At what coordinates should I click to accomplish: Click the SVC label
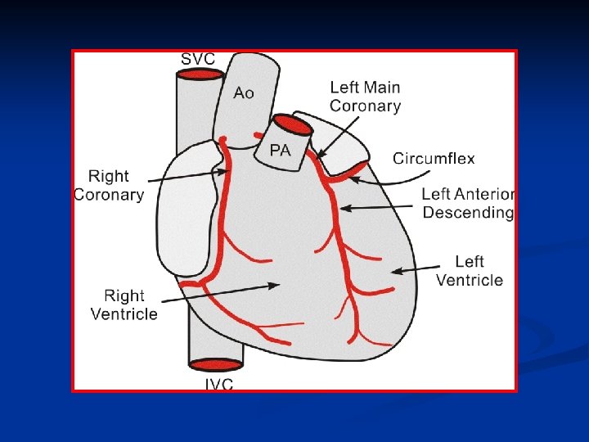click(x=197, y=59)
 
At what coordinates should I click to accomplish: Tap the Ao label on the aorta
click(x=244, y=92)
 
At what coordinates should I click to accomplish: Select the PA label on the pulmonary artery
click(x=281, y=151)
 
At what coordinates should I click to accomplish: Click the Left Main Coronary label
click(x=365, y=96)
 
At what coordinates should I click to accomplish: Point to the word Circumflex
click(x=434, y=159)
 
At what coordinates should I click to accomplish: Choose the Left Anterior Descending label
click(x=468, y=204)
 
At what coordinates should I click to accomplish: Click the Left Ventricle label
click(x=470, y=271)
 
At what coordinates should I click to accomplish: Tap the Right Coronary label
click(x=109, y=185)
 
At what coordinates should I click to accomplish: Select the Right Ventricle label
click(x=124, y=304)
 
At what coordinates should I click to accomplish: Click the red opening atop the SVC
click(x=200, y=74)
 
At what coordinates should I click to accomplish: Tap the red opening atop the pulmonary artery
click(x=290, y=125)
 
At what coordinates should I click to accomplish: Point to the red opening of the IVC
click(x=216, y=364)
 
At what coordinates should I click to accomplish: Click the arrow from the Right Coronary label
click(x=188, y=174)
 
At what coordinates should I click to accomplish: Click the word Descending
click(x=468, y=213)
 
